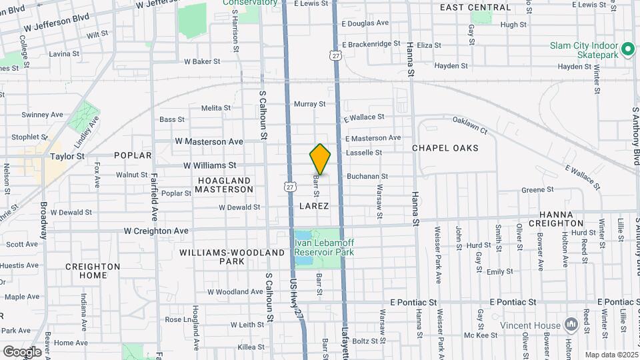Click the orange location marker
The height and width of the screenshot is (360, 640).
(x=320, y=159)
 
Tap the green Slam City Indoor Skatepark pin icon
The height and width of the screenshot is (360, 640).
(x=627, y=49)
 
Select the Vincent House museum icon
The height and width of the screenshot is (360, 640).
(x=571, y=325)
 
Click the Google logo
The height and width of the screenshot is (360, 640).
(x=22, y=352)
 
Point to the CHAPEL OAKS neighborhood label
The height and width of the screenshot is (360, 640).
(x=445, y=148)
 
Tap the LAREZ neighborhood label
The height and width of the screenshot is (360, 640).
(x=314, y=206)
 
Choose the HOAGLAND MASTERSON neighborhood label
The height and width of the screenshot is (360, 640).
(x=225, y=185)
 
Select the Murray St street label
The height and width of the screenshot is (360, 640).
(x=309, y=104)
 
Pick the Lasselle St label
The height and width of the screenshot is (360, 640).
(x=363, y=153)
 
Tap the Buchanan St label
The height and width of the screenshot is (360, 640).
(x=367, y=177)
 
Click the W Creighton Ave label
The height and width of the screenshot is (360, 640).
(x=156, y=231)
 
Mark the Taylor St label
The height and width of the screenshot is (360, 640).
(x=67, y=156)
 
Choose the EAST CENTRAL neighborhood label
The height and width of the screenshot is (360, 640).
(x=475, y=8)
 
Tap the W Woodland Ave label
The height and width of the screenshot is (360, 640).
(x=235, y=291)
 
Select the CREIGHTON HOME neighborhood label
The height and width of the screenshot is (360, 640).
(x=93, y=271)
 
